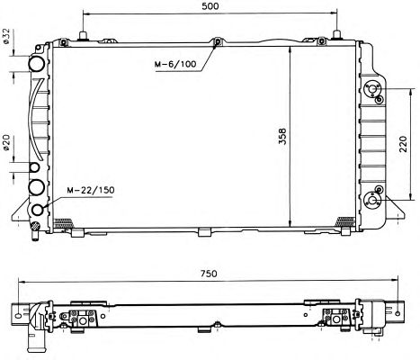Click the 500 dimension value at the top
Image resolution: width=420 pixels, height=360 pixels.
[x=210, y=5]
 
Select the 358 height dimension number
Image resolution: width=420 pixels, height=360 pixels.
[x=282, y=137]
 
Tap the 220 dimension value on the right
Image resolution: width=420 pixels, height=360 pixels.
[x=404, y=144]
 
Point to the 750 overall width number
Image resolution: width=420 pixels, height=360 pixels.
[x=209, y=274]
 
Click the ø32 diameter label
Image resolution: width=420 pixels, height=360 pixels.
[x=6, y=36]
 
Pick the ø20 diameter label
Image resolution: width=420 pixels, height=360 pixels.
[x=6, y=142]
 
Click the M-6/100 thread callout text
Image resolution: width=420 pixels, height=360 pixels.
[x=175, y=64]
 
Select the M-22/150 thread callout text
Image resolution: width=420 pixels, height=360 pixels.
[x=91, y=190]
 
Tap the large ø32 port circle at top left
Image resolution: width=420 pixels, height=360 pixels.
[x=37, y=64]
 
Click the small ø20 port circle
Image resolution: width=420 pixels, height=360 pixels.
[x=34, y=167]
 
